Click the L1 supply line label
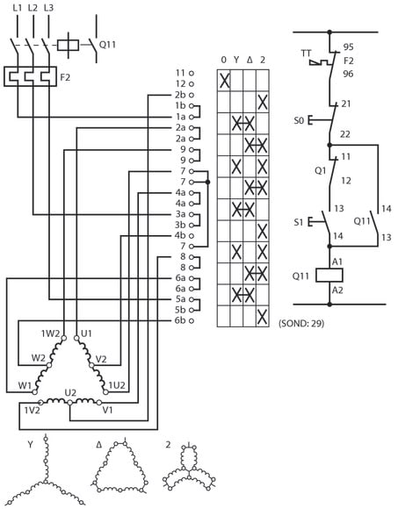(x=18, y=8)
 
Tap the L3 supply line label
(x=48, y=8)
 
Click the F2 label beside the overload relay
(x=65, y=77)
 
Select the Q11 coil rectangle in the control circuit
(x=329, y=276)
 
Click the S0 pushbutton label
(x=299, y=121)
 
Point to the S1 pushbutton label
(x=298, y=222)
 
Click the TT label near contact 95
(x=306, y=53)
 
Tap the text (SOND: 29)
(x=301, y=323)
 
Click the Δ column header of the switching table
(x=250, y=60)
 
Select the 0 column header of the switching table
(x=223, y=60)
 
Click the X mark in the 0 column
(x=224, y=81)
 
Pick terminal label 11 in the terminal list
(x=181, y=73)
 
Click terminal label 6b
(x=180, y=320)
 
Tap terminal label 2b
(x=180, y=95)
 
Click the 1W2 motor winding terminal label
(x=50, y=333)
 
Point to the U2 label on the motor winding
(x=70, y=393)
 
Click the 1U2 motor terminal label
(x=117, y=385)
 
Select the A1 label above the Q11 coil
(x=337, y=262)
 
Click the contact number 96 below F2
(x=348, y=74)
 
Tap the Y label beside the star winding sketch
(x=30, y=444)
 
